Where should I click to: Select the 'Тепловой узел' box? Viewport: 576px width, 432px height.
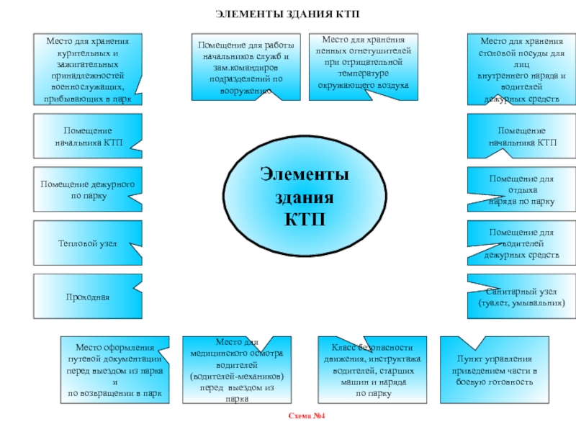pos(88,245)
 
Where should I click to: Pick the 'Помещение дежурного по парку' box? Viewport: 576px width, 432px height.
pos(88,190)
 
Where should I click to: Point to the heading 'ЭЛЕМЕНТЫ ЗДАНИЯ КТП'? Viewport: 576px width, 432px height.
pos(288,14)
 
